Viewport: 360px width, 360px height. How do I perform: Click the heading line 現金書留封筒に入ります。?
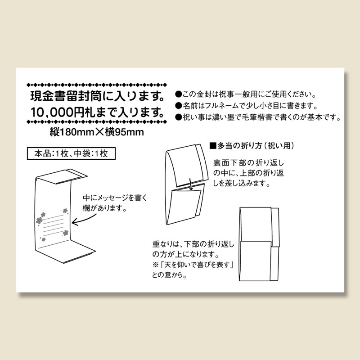[98, 96]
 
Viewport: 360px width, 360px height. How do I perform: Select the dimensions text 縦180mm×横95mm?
[97, 132]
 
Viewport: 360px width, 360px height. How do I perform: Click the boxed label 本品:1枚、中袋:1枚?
[71, 153]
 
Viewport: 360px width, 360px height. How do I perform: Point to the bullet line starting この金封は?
[246, 94]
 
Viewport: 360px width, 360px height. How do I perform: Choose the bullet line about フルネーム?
[247, 106]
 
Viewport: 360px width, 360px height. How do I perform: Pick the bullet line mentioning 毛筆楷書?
[258, 117]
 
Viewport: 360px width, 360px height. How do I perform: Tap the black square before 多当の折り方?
[213, 145]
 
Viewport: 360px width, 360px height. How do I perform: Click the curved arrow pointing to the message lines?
[84, 220]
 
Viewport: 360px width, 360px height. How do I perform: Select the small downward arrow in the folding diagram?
[190, 184]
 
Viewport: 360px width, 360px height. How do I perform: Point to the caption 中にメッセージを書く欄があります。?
[115, 203]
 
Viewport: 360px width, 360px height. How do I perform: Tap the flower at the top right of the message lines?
[65, 211]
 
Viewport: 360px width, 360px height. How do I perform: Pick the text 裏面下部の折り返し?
[248, 163]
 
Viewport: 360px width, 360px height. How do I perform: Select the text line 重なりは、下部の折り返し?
[193, 244]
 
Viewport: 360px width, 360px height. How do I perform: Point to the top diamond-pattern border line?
[97, 85]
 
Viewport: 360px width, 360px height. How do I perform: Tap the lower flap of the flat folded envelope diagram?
[255, 261]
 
